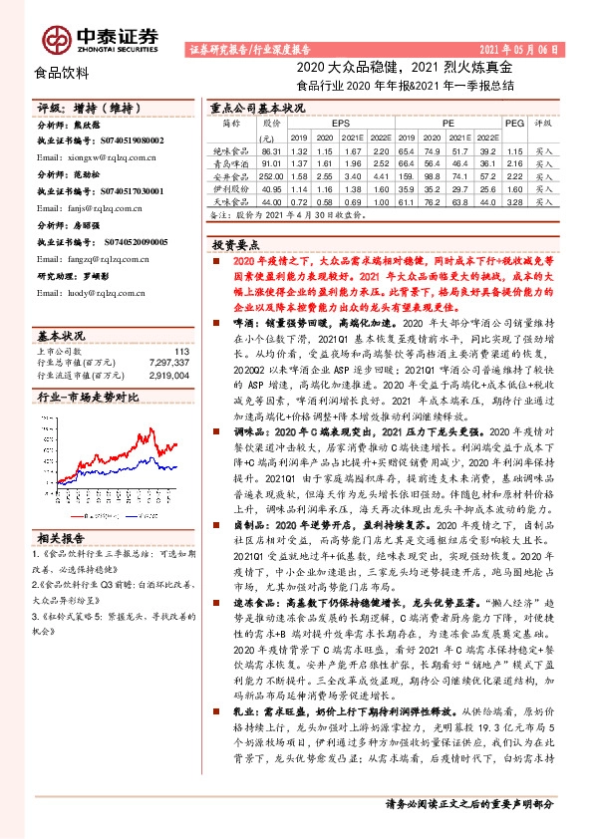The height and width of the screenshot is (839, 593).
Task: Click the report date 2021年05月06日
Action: (x=526, y=48)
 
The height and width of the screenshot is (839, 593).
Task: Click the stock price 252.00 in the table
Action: (x=271, y=174)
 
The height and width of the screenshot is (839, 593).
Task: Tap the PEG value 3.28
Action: (x=513, y=200)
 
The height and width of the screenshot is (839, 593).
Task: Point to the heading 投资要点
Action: (x=235, y=242)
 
